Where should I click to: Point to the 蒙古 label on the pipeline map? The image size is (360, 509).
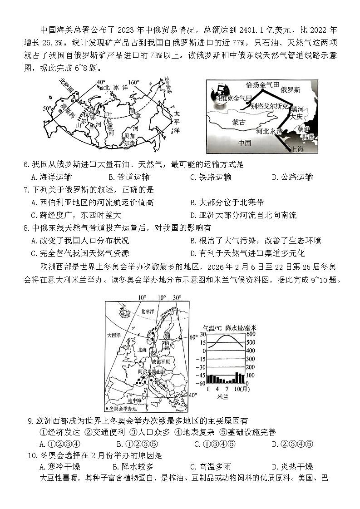(x=238, y=122)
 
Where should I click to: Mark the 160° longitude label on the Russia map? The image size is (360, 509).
(x=133, y=82)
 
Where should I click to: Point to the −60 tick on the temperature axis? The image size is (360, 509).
(x=200, y=384)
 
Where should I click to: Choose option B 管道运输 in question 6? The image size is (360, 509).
(x=129, y=177)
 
